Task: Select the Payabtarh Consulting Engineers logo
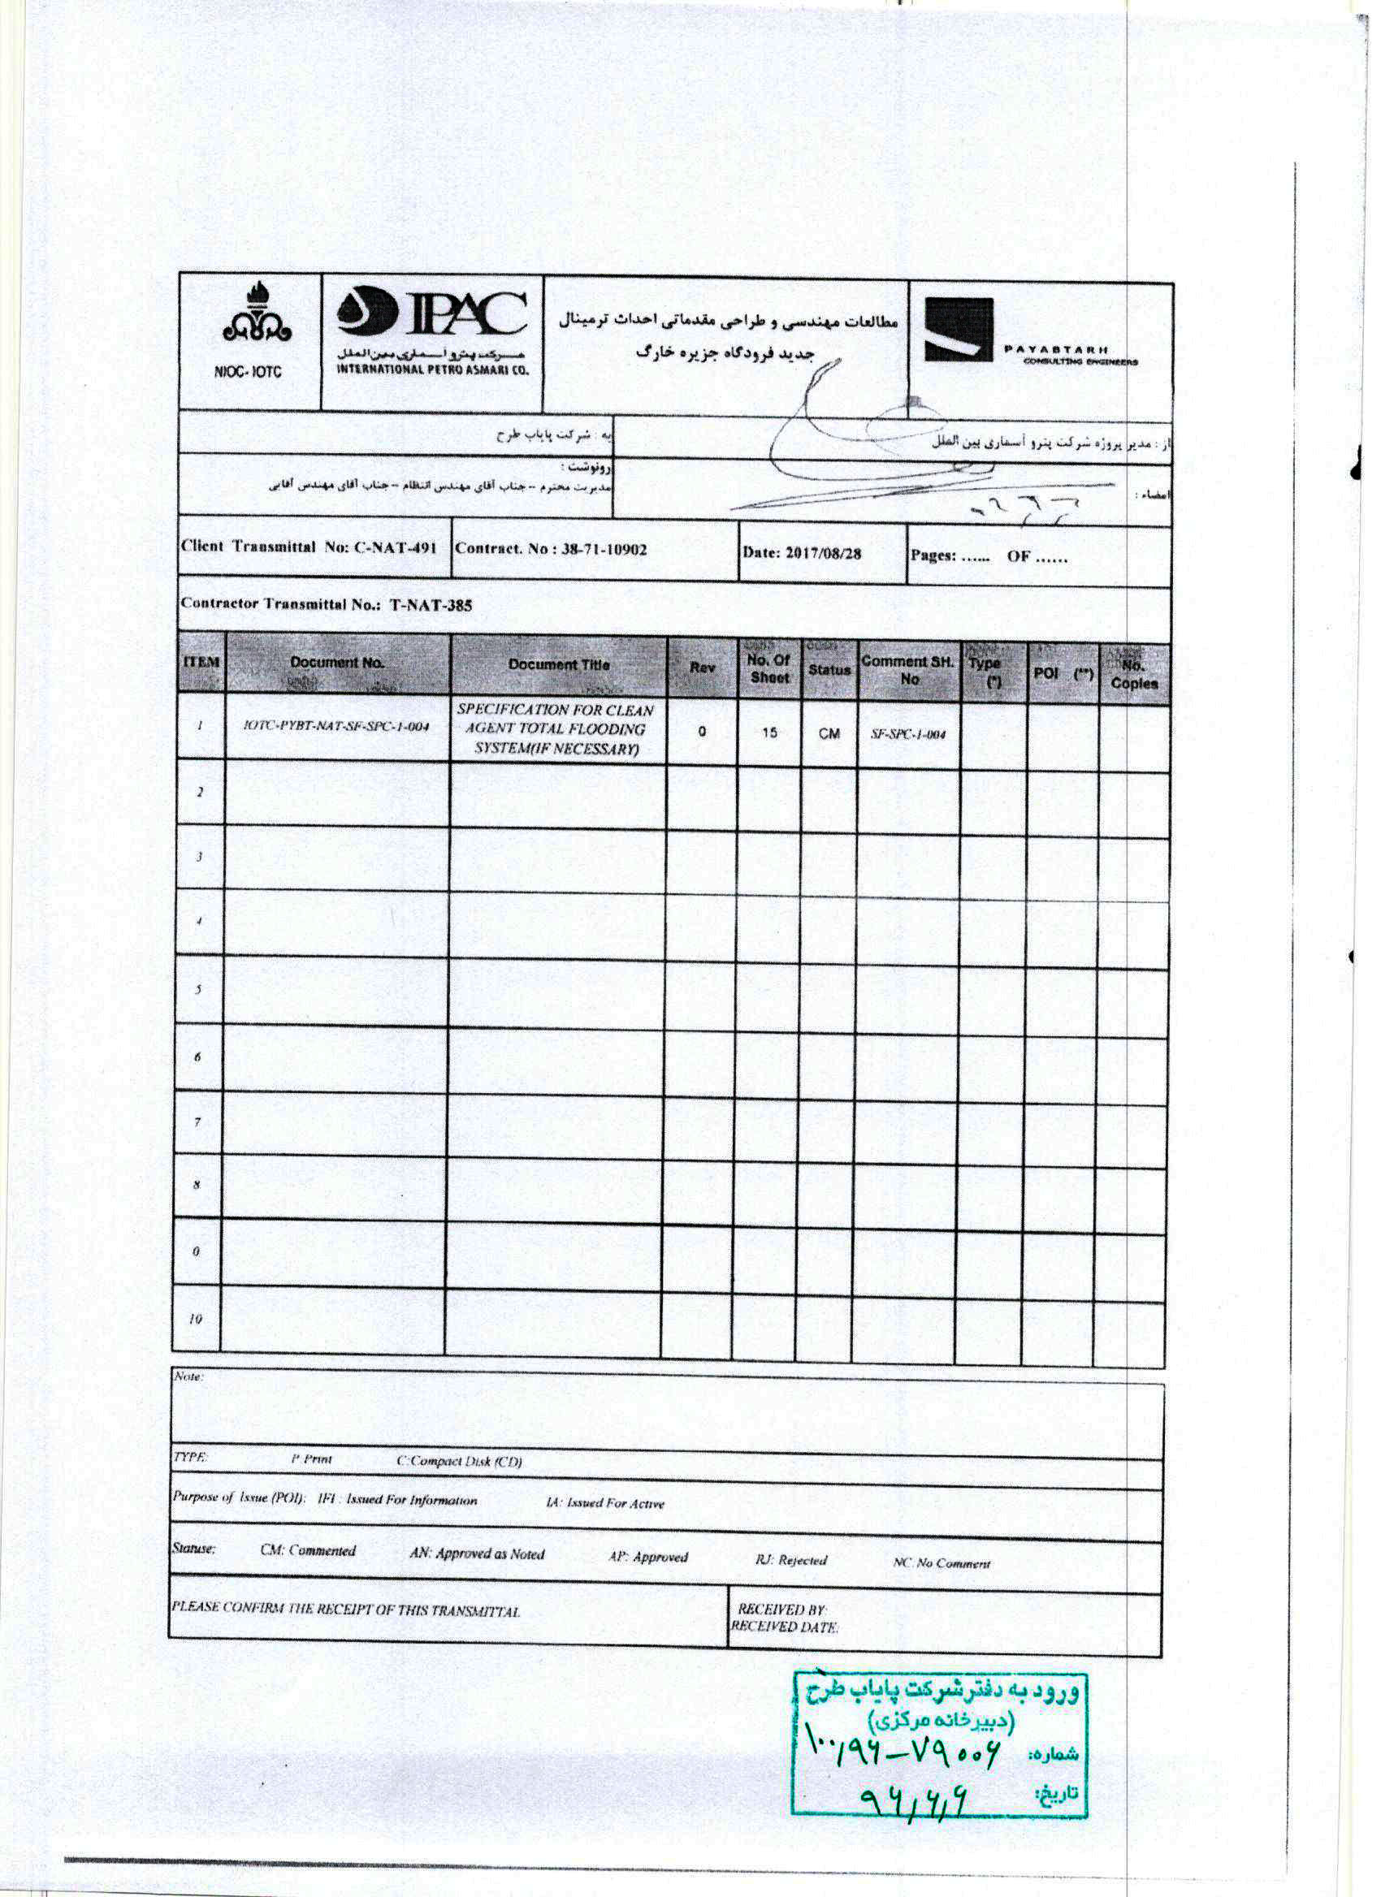coord(1029,331)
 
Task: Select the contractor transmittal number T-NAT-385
coord(431,605)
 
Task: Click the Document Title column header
coord(558,665)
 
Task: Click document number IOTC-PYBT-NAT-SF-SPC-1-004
coord(336,726)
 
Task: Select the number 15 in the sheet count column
coord(768,732)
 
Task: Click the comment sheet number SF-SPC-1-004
coord(907,734)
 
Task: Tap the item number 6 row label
coord(197,1057)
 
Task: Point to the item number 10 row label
coord(195,1319)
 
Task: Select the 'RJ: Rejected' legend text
coord(790,1560)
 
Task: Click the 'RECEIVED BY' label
coord(781,1610)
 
